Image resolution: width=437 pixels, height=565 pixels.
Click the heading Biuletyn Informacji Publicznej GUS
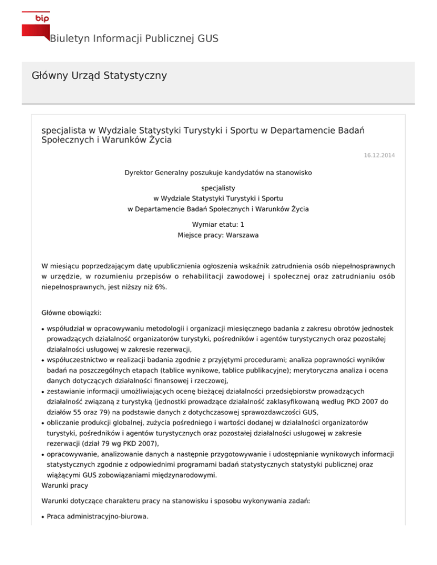[x=134, y=39]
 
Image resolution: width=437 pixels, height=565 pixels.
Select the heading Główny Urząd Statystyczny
[x=99, y=75]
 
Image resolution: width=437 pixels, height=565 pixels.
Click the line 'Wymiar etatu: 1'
[x=218, y=225]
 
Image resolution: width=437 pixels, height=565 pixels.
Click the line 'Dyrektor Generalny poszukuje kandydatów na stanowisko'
[x=218, y=172]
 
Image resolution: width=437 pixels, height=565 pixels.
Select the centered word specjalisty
[x=218, y=187]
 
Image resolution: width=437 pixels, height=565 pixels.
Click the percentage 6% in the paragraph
[x=161, y=288]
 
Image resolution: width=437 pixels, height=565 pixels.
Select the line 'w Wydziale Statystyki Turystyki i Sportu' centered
[x=218, y=198]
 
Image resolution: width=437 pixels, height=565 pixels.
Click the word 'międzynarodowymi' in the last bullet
[x=184, y=476]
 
